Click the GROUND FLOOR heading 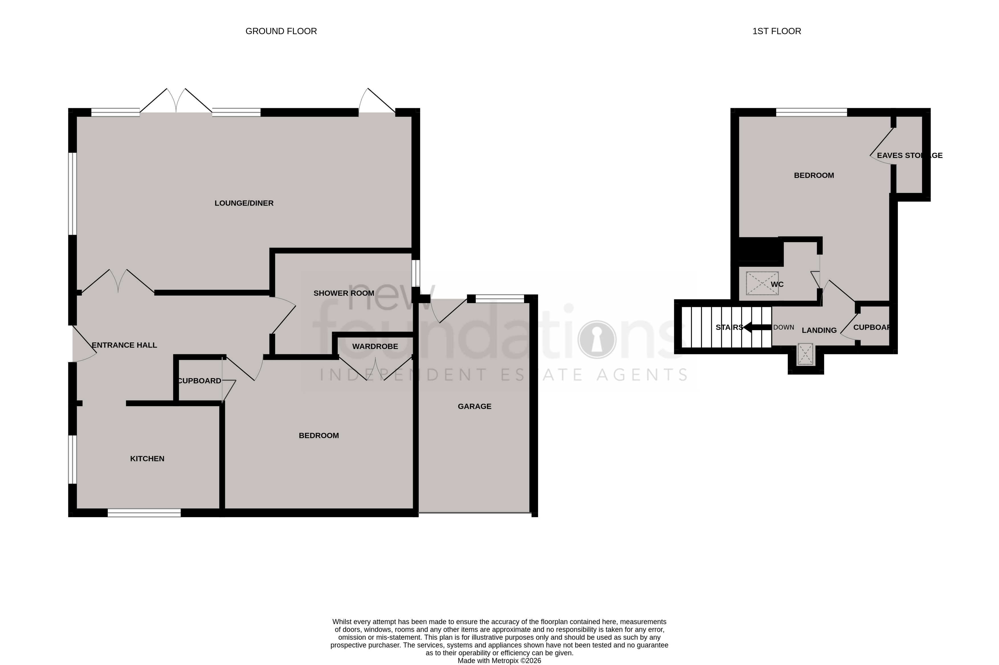click(281, 31)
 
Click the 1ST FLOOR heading click(776, 31)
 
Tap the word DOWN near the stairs click(783, 327)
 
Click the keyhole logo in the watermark click(597, 339)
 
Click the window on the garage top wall click(500, 299)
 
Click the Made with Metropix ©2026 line click(499, 661)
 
